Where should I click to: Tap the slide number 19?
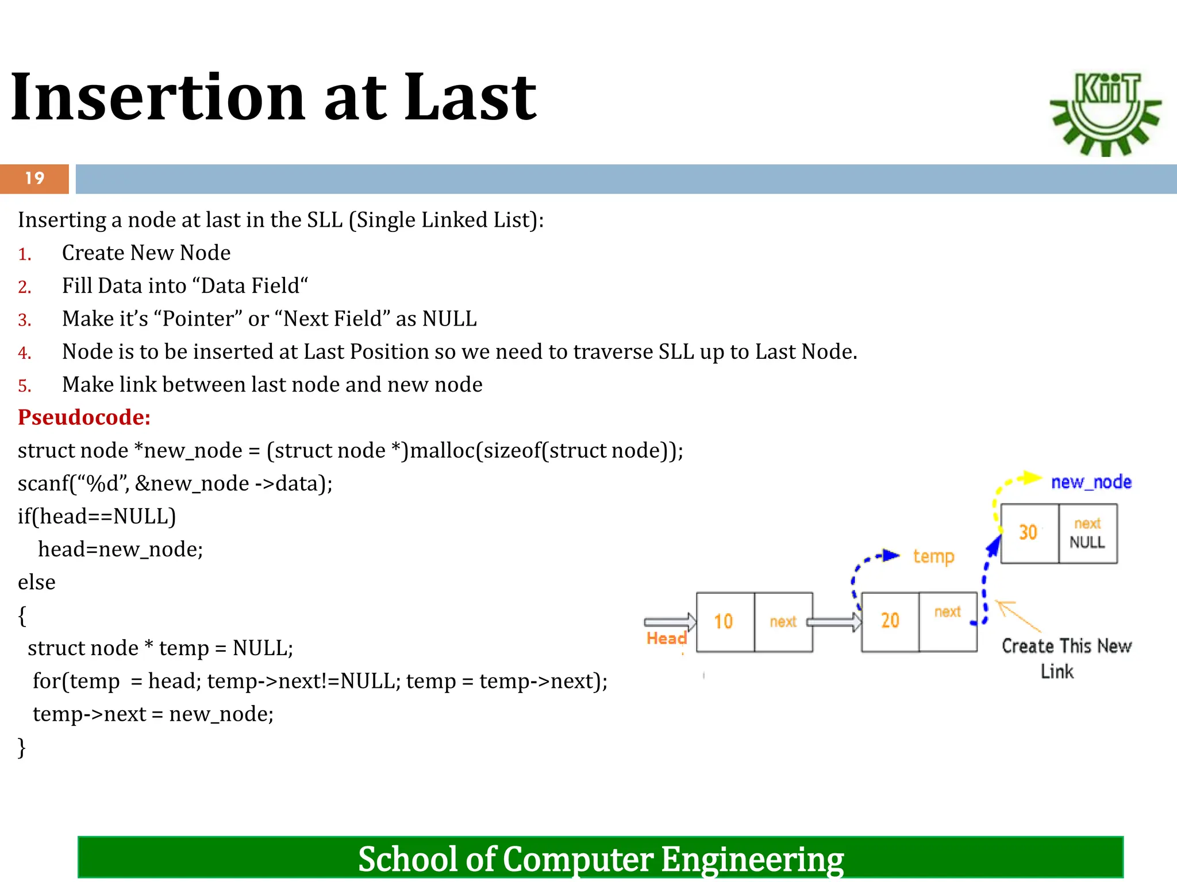coord(34,179)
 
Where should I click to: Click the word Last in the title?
coord(470,98)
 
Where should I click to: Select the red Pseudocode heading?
coord(84,417)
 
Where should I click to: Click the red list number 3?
coord(24,320)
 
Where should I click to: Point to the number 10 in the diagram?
coord(723,621)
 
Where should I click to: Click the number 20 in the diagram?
coord(890,620)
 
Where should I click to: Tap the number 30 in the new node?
coord(1028,532)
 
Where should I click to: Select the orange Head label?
coord(666,638)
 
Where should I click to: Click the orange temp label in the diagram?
coord(933,556)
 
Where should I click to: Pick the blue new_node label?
coord(1091,482)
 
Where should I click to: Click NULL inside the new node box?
coord(1087,543)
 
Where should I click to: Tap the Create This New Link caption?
coord(1066,658)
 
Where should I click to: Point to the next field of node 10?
coord(783,622)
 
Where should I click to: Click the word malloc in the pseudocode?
coord(442,451)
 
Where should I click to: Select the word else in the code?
coord(37,582)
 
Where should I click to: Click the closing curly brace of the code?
coord(22,748)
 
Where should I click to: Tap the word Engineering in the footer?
coord(752,860)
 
